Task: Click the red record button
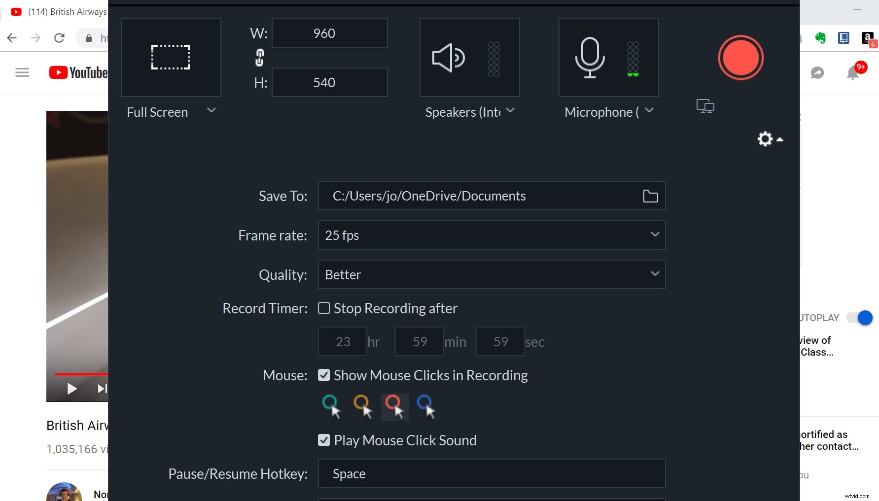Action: point(740,58)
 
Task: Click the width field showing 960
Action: point(329,33)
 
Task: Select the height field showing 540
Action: point(329,82)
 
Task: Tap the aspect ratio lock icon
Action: point(259,58)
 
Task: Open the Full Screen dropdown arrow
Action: point(211,110)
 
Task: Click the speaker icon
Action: point(448,58)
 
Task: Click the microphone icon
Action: point(590,58)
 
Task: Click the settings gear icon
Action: point(765,139)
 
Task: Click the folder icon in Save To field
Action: point(650,196)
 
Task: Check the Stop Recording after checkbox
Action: point(324,308)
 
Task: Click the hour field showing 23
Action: point(343,341)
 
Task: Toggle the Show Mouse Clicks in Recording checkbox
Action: point(324,375)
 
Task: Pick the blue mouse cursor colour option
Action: point(426,406)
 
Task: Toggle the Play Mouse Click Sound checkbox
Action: point(324,440)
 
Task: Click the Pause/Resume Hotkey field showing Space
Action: point(492,473)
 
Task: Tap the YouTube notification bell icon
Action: point(853,73)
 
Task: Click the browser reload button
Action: point(59,38)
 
